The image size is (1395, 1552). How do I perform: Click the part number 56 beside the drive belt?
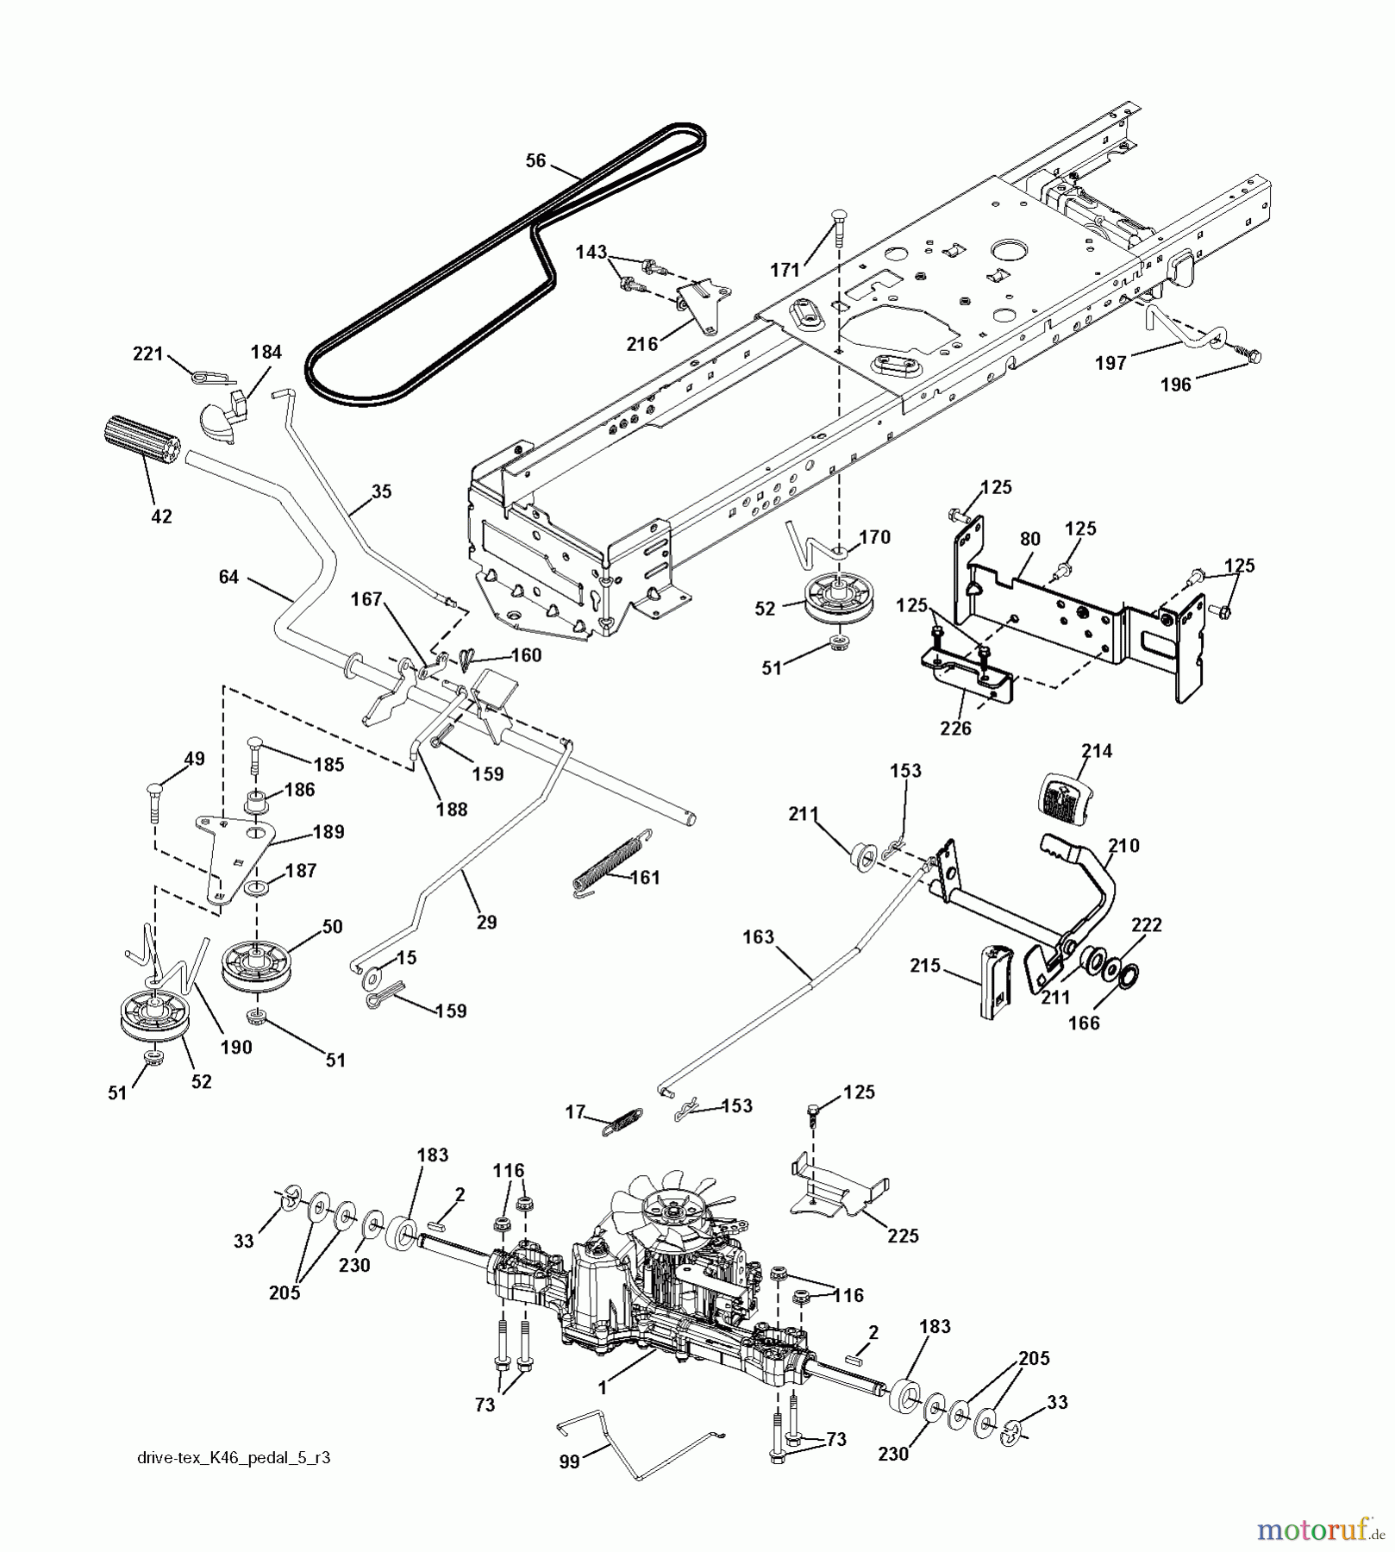pyautogui.click(x=535, y=160)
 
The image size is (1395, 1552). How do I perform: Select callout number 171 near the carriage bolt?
pyautogui.click(x=785, y=271)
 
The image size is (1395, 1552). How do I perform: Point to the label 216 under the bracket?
pyautogui.click(x=641, y=344)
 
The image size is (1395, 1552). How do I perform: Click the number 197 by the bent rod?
pyautogui.click(x=1110, y=363)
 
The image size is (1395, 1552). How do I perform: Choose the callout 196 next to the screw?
pyautogui.click(x=1176, y=385)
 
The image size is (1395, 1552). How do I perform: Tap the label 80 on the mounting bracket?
pyautogui.click(x=1029, y=539)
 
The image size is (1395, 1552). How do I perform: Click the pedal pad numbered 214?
pyautogui.click(x=1061, y=791)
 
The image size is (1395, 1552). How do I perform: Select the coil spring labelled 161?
pyautogui.click(x=608, y=860)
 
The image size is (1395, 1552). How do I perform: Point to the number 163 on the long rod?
pyautogui.click(x=758, y=936)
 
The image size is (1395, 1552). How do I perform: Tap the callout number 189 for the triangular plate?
pyautogui.click(x=328, y=832)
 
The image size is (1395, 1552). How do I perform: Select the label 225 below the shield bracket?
pyautogui.click(x=903, y=1236)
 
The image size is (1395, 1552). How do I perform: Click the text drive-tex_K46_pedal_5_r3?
pyautogui.click(x=234, y=1458)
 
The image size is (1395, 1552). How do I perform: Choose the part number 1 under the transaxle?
pyautogui.click(x=603, y=1388)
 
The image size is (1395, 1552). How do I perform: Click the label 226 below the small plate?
pyautogui.click(x=955, y=728)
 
